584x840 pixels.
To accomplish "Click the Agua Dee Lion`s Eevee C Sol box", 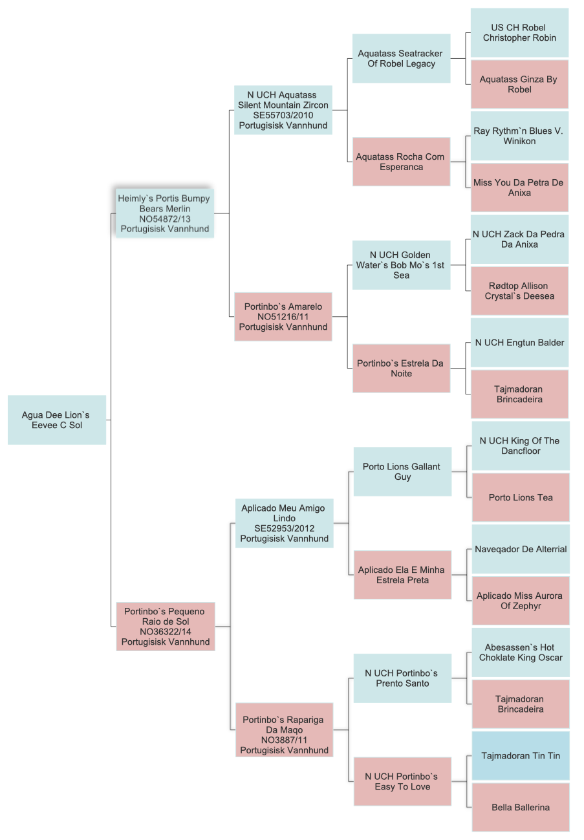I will tap(57, 420).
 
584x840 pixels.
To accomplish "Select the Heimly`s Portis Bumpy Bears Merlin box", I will tap(165, 213).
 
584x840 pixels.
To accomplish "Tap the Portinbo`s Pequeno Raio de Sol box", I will tap(166, 626).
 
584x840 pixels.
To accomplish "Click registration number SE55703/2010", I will tap(283, 115).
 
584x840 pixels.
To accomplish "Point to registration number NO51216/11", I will tap(283, 317).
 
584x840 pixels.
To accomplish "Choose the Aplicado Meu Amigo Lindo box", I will tap(285, 523).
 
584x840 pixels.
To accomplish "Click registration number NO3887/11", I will tap(285, 740).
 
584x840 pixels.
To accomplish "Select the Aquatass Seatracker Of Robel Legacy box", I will tap(401, 58).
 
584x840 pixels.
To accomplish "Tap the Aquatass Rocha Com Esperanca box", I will tap(401, 162).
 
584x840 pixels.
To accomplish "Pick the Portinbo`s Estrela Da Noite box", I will tap(401, 368).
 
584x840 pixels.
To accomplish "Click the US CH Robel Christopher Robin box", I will tap(519, 32).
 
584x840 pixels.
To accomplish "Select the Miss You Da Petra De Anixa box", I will tap(519, 188).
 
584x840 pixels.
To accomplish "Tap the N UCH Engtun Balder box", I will tap(519, 343).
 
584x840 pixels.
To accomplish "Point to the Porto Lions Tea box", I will tap(521, 497).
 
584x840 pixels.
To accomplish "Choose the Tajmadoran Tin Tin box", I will tap(521, 755).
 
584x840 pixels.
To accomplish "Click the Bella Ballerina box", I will tap(521, 807).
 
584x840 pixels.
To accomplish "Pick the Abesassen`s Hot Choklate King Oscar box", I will tap(521, 652).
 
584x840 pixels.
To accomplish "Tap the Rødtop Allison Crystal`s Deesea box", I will tap(519, 291).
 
